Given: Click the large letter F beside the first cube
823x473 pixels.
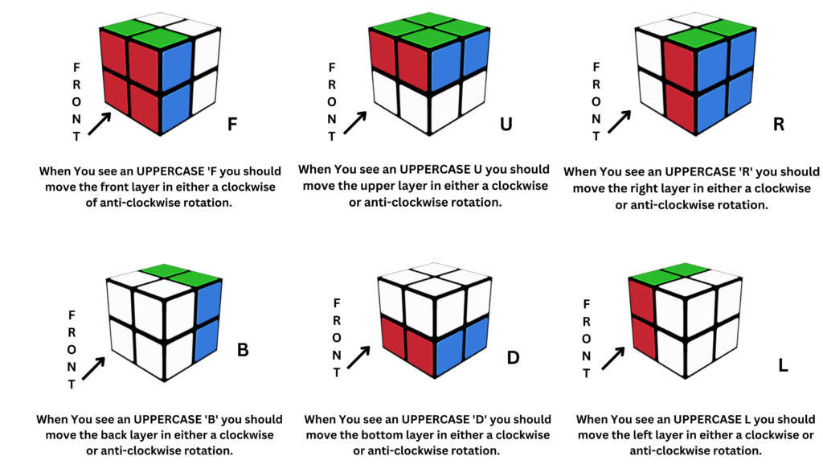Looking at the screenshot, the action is coord(232,125).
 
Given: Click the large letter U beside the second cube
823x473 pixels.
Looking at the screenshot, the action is coord(506,125).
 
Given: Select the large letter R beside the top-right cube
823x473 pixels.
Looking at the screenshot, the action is coord(778,125).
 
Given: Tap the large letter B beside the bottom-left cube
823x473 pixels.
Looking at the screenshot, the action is coord(243,352).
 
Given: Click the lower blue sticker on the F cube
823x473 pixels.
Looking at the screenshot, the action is coord(176,107).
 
